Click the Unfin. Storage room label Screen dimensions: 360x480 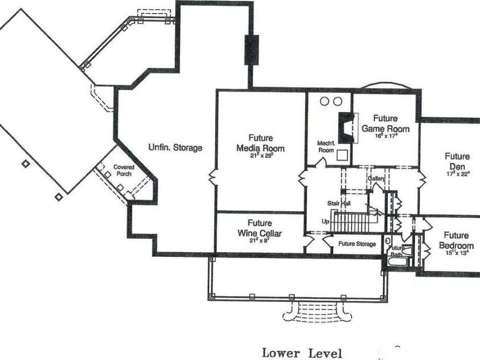click(x=175, y=148)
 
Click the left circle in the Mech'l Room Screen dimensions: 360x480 click(x=325, y=101)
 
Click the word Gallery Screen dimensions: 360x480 click(x=376, y=178)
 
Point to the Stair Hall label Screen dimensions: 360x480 click(x=338, y=203)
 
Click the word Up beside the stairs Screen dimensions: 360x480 click(x=325, y=221)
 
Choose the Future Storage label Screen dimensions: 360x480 click(x=357, y=244)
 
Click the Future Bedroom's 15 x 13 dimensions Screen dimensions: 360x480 click(x=456, y=253)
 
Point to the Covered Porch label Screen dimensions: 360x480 click(x=124, y=170)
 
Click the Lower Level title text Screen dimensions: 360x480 click(x=302, y=353)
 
